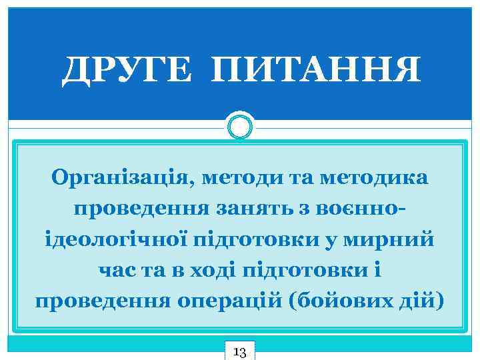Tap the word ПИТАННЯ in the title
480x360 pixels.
click(x=315, y=70)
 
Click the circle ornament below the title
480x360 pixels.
click(x=240, y=125)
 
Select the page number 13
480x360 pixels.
click(x=240, y=351)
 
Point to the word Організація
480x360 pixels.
click(x=115, y=179)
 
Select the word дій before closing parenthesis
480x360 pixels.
click(x=419, y=299)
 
